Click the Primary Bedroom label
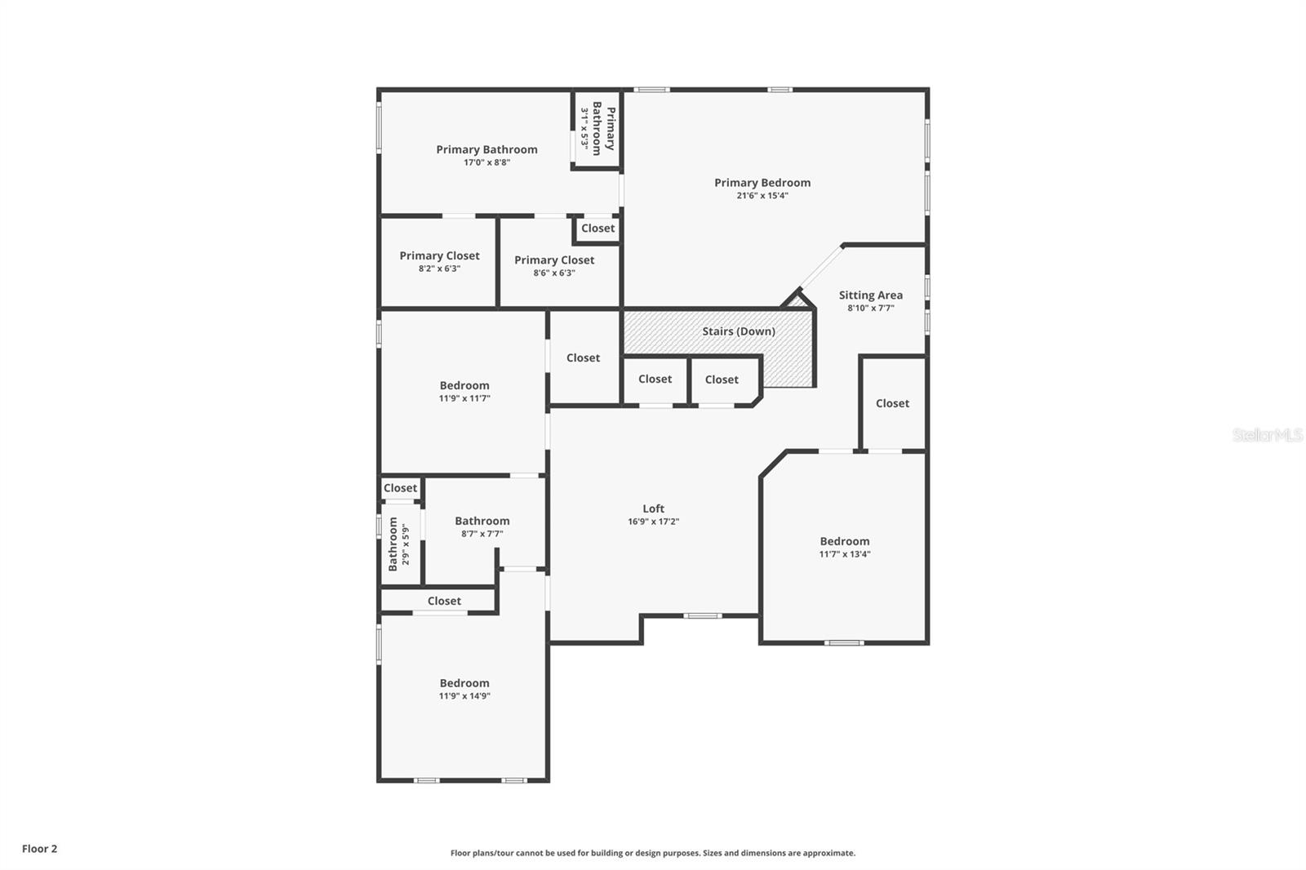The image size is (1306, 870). [762, 183]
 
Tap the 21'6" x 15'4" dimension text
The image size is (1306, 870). [762, 196]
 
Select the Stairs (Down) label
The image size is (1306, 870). [739, 331]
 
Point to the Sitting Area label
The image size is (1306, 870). [870, 295]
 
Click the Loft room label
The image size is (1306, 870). [653, 508]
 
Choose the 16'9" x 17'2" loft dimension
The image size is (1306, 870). [653, 522]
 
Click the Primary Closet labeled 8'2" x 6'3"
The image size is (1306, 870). [439, 261]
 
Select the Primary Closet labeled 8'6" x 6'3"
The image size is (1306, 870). [554, 265]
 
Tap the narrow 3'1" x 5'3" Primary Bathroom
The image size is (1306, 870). [597, 128]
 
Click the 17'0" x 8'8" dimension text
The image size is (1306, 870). [486, 162]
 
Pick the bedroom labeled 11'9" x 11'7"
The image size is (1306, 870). [464, 391]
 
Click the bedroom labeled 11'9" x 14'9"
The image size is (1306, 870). [464, 689]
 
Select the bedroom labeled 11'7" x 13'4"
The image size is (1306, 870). [845, 547]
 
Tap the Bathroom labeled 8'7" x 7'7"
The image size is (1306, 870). [482, 526]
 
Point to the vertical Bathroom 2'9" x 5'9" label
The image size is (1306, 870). [398, 544]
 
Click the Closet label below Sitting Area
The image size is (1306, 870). [892, 403]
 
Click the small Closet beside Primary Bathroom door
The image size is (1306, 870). [597, 229]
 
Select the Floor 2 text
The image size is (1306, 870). [39, 849]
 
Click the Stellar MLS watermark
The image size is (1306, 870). [1267, 435]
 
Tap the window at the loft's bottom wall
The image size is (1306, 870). [702, 615]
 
